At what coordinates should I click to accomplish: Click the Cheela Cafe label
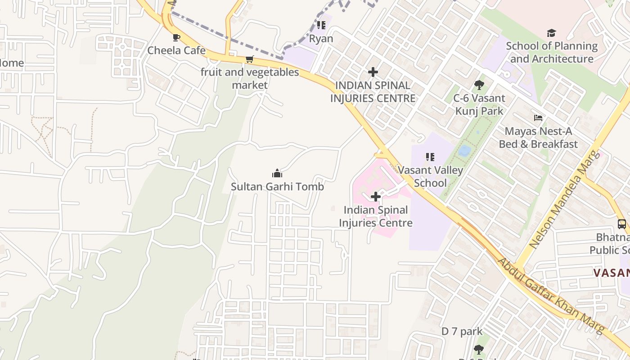[x=176, y=50]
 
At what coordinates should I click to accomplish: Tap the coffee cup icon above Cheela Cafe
[x=176, y=37]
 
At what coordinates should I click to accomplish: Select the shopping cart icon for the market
[x=250, y=59]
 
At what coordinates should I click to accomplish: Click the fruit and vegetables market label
[x=250, y=78]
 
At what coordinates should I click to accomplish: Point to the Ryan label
[x=321, y=39]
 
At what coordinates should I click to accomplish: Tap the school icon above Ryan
[x=321, y=25]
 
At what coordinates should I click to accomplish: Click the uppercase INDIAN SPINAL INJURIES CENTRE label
[x=373, y=92]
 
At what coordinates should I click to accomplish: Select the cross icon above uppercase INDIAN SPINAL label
[x=373, y=72]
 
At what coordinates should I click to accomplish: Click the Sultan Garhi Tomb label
[x=277, y=186]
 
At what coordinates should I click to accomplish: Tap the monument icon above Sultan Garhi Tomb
[x=277, y=173]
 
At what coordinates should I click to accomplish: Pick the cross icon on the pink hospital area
[x=375, y=197]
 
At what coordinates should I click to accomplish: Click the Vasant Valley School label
[x=430, y=176]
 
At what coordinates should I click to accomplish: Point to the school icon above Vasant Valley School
[x=430, y=157]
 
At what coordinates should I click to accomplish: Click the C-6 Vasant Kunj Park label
[x=479, y=104]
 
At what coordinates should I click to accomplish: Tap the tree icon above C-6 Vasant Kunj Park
[x=479, y=85]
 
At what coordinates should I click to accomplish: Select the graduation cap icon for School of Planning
[x=551, y=33]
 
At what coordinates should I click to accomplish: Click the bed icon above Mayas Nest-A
[x=538, y=118]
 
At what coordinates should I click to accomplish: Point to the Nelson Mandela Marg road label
[x=565, y=199]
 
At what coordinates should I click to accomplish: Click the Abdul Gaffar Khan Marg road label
[x=551, y=296]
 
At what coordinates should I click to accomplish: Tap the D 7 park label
[x=462, y=332]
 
